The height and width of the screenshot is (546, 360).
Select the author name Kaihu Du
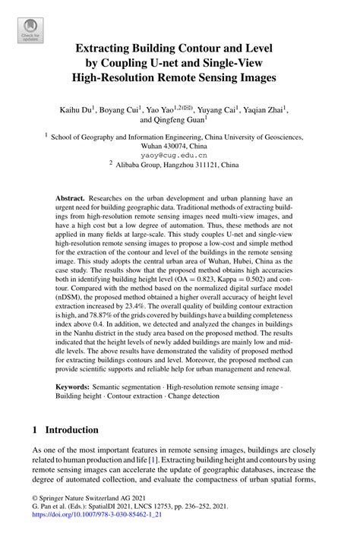click(x=76, y=109)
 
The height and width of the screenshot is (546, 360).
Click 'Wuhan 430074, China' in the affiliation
click(x=179, y=144)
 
